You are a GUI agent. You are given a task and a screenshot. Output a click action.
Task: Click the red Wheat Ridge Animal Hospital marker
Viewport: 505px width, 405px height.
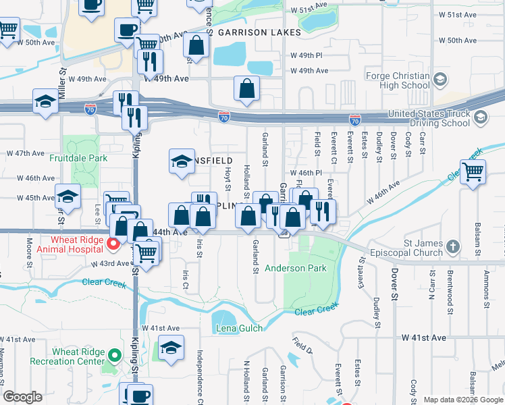tap(113, 243)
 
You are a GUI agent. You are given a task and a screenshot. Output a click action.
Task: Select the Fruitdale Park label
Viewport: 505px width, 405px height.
tap(78, 159)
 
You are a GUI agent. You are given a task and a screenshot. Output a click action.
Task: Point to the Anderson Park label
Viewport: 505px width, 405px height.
tap(295, 268)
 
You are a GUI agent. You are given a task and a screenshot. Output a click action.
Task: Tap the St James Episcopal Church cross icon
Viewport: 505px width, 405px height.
tap(452, 246)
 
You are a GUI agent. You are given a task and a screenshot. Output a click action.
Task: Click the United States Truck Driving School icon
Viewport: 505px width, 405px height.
tap(480, 117)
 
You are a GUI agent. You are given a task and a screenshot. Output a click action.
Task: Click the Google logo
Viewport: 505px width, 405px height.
tap(23, 397)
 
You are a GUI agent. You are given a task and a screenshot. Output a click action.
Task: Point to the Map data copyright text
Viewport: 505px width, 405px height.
tap(463, 400)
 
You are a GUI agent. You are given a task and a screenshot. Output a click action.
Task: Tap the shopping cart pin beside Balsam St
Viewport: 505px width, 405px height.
tap(473, 172)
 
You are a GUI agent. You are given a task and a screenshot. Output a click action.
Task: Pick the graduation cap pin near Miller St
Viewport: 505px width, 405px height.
tap(45, 103)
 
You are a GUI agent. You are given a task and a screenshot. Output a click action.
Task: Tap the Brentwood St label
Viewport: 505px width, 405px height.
tap(450, 293)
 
